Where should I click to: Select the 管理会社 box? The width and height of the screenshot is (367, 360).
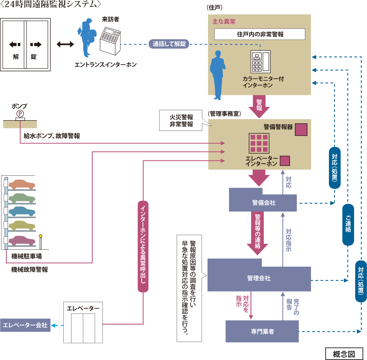[259, 278]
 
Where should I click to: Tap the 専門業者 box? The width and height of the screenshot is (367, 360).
[262, 331]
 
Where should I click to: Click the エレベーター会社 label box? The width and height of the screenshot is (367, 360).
[25, 325]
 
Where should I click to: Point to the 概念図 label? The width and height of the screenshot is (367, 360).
[344, 354]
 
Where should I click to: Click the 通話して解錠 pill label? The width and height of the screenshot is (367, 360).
[169, 44]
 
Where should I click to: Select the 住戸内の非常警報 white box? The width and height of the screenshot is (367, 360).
[260, 34]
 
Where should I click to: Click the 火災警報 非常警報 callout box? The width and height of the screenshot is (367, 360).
[181, 121]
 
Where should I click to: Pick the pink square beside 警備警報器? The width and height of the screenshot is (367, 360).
[301, 130]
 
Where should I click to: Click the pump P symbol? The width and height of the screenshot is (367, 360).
[20, 114]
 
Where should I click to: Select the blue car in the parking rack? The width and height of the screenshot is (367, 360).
[22, 211]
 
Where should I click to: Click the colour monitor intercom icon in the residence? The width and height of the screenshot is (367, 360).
[260, 62]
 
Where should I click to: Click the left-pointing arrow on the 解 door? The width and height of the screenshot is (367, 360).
[15, 45]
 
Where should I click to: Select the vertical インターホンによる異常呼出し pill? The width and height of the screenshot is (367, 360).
[143, 247]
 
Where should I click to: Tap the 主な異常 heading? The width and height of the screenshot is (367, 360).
[224, 22]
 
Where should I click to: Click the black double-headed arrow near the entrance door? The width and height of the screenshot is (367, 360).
[65, 44]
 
